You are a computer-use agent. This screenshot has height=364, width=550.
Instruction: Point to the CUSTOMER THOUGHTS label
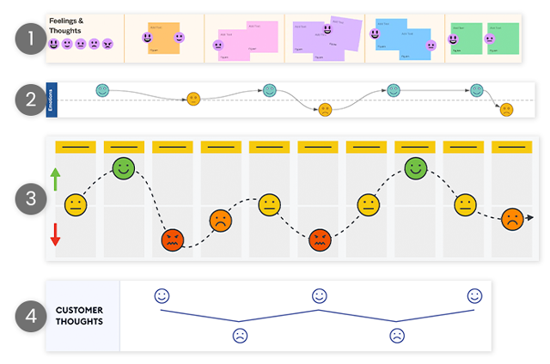click(x=80, y=315)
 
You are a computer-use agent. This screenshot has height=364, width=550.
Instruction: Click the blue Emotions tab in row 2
click(x=52, y=100)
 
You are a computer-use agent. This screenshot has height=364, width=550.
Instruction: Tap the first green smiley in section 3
click(x=124, y=168)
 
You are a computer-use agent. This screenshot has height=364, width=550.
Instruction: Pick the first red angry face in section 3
click(x=173, y=241)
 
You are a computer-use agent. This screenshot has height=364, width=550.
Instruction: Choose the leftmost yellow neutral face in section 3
click(x=76, y=205)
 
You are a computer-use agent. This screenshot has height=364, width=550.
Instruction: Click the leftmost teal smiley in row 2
click(x=102, y=89)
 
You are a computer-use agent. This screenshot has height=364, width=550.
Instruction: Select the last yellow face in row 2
click(x=506, y=110)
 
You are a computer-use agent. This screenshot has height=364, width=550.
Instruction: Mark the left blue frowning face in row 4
click(x=240, y=336)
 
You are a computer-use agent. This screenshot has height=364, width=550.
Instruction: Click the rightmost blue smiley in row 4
click(x=474, y=295)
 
